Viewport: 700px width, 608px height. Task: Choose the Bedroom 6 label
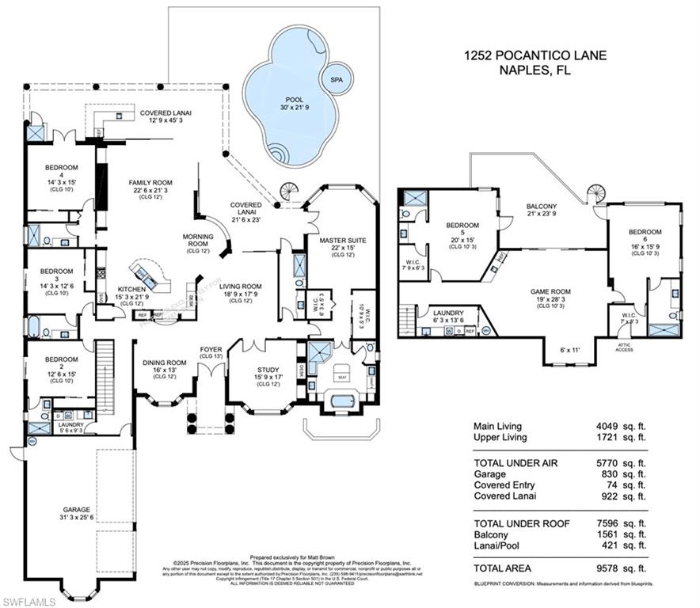[x=645, y=231]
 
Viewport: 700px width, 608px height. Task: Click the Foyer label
[x=211, y=349]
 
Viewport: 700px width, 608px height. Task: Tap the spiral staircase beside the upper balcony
[x=596, y=192]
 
